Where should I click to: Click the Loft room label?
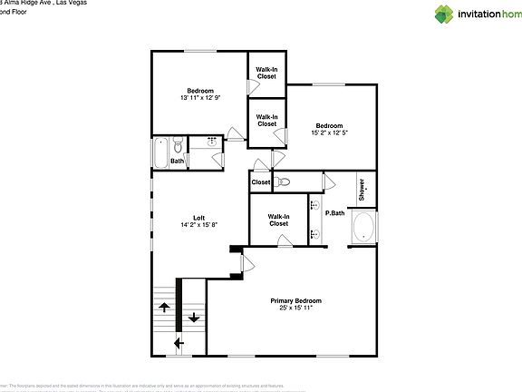coord(198,217)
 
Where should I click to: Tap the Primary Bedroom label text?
coord(296,300)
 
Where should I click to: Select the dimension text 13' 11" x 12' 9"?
coord(200,98)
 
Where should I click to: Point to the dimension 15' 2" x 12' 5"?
coord(329,133)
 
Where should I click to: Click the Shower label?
coord(362,188)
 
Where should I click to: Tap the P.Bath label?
coord(334,213)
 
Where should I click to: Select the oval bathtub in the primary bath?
coord(364,227)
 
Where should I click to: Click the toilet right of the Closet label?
coord(285,182)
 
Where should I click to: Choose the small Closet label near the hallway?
coord(261,182)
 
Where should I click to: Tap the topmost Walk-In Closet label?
coord(266,73)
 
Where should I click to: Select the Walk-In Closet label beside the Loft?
coord(278,220)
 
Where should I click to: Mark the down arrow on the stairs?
coord(194,318)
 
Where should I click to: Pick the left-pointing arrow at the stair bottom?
coord(178,343)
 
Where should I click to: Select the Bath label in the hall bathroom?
coord(178,162)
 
